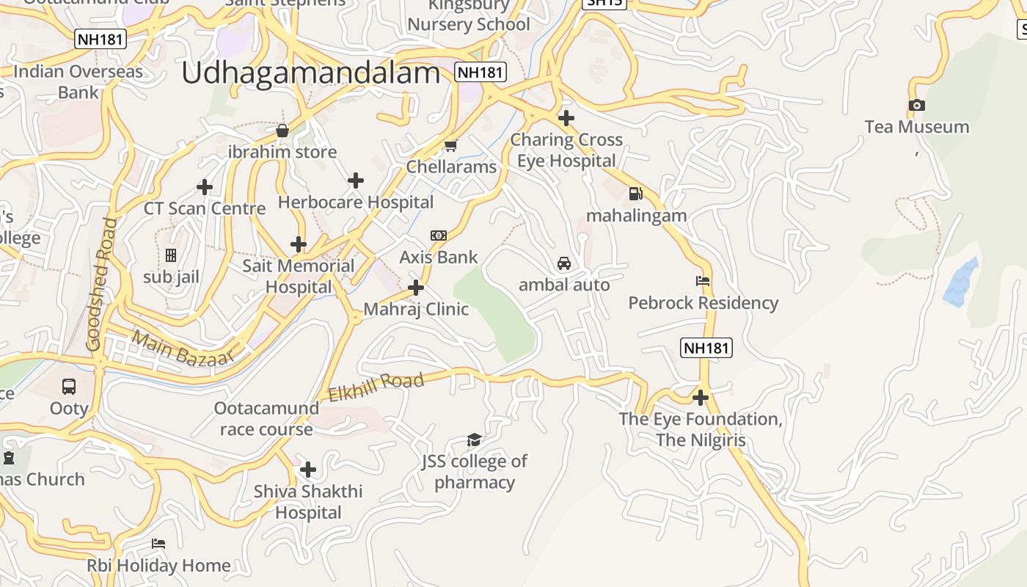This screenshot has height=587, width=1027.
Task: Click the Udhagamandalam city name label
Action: tap(310, 73)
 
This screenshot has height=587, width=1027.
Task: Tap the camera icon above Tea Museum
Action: tap(916, 106)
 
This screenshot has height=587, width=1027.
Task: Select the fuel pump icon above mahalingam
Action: tap(636, 194)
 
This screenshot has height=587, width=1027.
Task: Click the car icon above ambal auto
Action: tap(563, 263)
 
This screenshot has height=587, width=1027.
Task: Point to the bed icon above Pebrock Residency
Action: tap(702, 280)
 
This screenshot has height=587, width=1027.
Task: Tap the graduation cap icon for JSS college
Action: tap(474, 440)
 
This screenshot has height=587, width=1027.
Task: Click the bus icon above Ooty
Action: tap(69, 386)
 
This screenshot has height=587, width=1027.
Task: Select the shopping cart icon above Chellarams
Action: tap(451, 145)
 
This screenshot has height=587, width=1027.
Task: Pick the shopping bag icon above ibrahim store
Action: tap(282, 131)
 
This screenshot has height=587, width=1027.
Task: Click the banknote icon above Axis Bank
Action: tap(438, 236)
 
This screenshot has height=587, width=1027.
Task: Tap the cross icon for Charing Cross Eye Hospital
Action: tap(566, 117)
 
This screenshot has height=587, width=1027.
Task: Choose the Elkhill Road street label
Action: tap(376, 387)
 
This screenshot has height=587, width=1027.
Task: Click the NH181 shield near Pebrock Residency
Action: tap(706, 348)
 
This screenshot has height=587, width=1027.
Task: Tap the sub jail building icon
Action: tap(171, 255)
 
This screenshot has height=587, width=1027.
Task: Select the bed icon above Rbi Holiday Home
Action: tap(158, 544)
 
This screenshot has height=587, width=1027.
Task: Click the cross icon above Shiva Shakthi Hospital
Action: tap(308, 469)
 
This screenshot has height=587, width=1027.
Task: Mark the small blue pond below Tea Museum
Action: tap(960, 283)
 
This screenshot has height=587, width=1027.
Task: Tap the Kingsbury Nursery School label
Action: tap(469, 15)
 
